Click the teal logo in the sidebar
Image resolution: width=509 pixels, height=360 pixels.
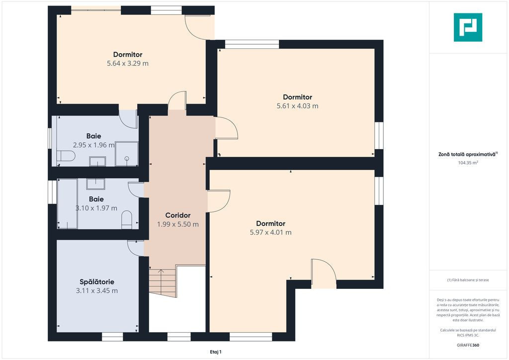468,27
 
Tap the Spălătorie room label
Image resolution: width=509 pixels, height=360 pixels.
97,282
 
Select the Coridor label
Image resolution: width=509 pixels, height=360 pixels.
178,215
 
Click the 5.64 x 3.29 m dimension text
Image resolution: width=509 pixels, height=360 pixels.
128,63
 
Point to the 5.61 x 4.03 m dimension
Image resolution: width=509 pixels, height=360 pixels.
297,106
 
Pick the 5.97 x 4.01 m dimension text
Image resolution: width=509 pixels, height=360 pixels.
270,232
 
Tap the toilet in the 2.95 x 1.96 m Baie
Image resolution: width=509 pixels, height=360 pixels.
66,156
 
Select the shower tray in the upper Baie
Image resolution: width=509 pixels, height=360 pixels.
127,154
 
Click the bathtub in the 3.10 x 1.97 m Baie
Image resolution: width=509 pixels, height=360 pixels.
68,203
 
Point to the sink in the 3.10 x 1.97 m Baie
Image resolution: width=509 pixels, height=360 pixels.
95,184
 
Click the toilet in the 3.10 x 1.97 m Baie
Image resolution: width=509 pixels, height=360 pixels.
127,220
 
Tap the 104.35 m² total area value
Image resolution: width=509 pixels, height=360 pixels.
468,163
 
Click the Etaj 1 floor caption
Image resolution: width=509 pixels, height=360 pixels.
216,352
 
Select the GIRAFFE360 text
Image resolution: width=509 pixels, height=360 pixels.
468,345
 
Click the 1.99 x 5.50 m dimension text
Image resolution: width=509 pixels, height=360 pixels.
178,224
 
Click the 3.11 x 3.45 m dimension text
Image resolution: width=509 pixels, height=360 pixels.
97,291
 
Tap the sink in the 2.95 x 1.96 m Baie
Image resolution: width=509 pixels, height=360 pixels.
97,161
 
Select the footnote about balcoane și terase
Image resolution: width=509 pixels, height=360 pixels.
468,280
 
